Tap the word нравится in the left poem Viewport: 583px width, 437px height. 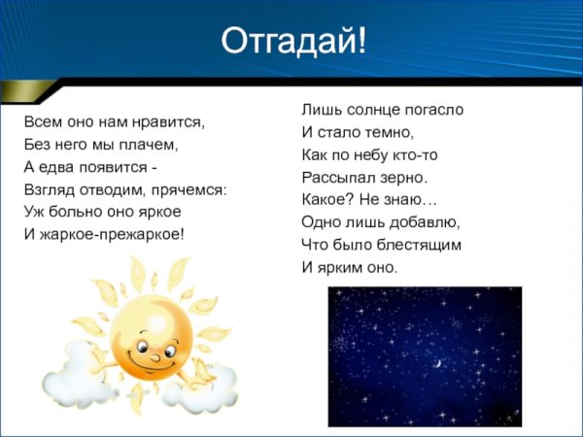coord(170,123)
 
